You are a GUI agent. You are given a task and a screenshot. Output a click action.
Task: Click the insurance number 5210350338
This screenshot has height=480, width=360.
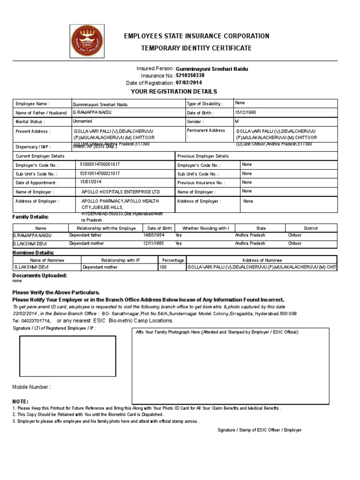(190, 75)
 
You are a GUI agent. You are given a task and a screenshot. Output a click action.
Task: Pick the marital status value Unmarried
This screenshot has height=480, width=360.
(83, 121)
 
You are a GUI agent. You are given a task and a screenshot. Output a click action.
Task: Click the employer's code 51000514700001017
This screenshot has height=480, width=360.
(101, 165)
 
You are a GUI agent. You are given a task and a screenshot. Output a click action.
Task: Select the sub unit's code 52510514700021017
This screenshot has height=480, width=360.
(100, 173)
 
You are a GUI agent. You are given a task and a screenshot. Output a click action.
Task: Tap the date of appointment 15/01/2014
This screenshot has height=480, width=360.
(91, 182)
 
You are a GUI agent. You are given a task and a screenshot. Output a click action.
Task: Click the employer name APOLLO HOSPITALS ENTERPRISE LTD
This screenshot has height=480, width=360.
(120, 192)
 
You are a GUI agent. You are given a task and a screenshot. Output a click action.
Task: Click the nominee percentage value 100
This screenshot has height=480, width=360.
(163, 267)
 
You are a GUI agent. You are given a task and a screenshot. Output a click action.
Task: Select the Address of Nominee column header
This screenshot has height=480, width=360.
(262, 260)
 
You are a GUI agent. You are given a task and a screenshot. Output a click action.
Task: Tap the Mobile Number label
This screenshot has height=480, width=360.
(31, 387)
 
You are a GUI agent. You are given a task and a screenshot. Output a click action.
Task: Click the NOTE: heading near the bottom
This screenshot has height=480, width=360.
(20, 402)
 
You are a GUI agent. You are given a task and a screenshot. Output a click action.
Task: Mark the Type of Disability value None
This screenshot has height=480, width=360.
(240, 103)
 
